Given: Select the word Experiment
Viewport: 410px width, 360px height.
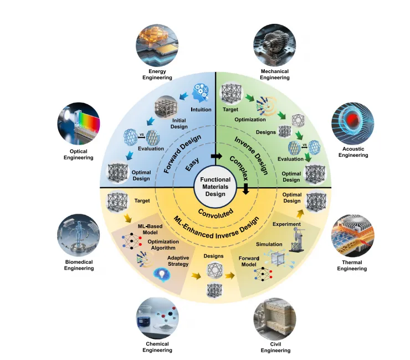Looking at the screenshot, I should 286,224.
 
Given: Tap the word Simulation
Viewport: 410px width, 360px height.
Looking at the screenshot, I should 269,244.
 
